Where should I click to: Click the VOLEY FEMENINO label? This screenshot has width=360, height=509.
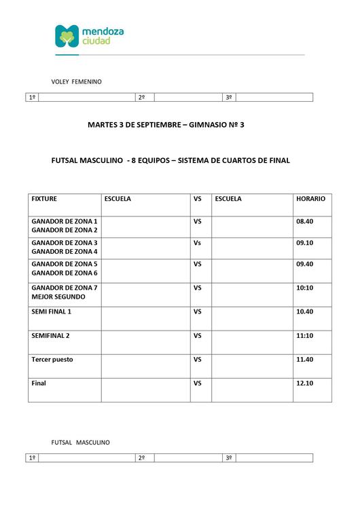(x=77, y=81)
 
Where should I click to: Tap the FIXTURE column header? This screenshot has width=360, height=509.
(x=44, y=199)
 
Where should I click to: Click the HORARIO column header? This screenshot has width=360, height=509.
(x=310, y=199)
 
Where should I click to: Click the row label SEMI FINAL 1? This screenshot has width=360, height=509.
(x=52, y=312)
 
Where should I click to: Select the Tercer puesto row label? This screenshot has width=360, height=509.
(x=52, y=360)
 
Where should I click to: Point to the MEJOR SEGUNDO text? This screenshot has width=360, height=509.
(x=58, y=297)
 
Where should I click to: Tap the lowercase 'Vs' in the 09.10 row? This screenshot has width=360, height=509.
(x=198, y=242)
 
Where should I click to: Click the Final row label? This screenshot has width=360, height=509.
(x=39, y=383)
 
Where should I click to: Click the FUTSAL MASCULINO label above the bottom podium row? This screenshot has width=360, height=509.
(x=81, y=442)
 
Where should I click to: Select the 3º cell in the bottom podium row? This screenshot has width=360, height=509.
(x=229, y=459)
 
